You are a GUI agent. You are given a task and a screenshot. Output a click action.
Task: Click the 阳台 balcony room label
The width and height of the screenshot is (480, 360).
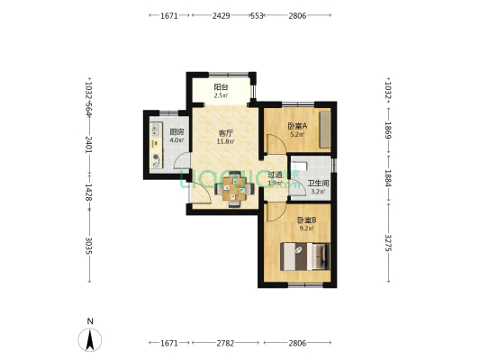(x=221, y=86)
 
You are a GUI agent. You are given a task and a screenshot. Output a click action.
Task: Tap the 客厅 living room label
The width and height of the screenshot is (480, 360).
(x=226, y=133)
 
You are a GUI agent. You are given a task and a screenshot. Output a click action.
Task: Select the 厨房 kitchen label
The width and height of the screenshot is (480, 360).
(x=177, y=132)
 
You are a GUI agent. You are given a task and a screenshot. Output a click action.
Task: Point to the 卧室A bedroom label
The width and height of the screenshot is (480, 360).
(x=295, y=127)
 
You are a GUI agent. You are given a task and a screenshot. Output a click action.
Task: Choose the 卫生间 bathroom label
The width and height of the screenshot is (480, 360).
(x=319, y=184)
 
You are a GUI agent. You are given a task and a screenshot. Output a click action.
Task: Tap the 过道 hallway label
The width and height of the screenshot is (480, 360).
(x=275, y=175)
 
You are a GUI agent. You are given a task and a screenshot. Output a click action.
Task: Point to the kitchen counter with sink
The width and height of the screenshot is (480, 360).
(x=155, y=144)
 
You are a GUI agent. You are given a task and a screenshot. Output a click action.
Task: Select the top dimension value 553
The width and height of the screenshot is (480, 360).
(x=257, y=16)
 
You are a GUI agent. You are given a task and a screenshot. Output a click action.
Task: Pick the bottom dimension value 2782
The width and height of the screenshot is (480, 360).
(x=226, y=343)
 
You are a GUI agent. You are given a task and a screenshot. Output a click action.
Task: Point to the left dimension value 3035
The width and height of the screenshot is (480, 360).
(x=88, y=246)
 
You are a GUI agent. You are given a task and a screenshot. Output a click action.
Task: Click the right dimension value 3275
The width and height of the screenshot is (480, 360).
(x=389, y=243)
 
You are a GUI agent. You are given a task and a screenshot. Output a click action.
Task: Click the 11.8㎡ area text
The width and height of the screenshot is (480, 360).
(x=226, y=141)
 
